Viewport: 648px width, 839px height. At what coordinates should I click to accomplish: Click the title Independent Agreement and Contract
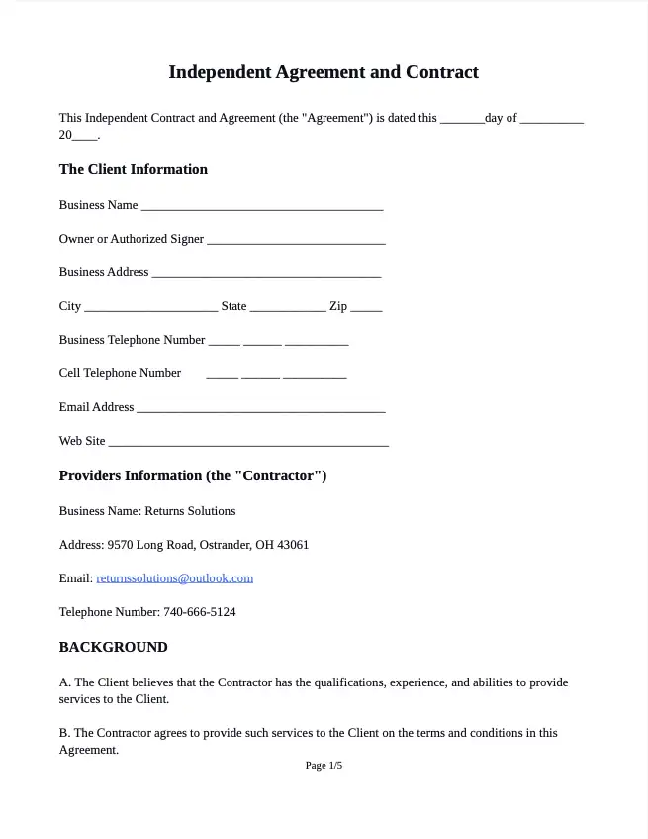[324, 72]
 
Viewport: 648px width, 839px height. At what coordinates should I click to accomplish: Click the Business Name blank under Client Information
[261, 206]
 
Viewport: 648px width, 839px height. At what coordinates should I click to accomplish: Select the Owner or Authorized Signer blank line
[296, 240]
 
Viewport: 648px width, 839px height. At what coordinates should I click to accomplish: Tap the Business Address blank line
[266, 273]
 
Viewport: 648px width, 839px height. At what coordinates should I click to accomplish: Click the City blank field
[150, 307]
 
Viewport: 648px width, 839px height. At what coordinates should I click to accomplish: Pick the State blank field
[288, 307]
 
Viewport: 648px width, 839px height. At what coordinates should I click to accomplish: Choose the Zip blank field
[366, 307]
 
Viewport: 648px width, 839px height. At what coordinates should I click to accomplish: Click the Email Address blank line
[261, 408]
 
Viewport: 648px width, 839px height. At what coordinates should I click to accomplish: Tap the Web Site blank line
[248, 442]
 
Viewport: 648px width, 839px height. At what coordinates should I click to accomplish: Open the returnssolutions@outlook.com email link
[174, 578]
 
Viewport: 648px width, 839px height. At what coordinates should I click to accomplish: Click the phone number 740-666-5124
[200, 612]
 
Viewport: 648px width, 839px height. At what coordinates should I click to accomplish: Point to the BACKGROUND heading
[113, 647]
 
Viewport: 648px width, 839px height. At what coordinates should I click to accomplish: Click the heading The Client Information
[133, 169]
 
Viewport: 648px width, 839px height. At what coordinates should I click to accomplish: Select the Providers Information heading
[192, 475]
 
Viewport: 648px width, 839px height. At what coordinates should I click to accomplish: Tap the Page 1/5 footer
[324, 766]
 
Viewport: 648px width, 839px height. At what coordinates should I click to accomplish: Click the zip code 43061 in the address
[293, 545]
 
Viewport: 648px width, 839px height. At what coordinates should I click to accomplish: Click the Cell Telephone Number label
[120, 373]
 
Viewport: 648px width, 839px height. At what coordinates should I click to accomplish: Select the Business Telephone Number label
[132, 340]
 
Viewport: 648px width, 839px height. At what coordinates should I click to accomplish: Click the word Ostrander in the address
[225, 545]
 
